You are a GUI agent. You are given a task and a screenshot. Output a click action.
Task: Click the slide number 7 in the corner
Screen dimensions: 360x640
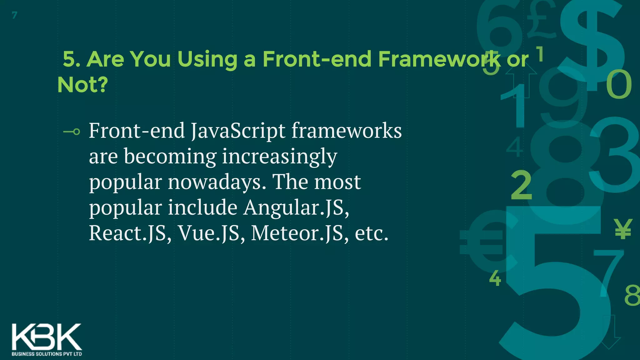coord(14,15)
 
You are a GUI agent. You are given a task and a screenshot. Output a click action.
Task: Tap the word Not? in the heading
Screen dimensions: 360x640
coord(82,85)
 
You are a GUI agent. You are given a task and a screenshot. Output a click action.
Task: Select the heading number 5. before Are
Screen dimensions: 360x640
coord(72,59)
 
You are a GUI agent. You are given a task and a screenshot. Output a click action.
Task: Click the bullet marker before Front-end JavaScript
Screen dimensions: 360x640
coord(72,132)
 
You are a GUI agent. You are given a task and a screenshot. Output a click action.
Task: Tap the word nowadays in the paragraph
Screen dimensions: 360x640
coord(217,182)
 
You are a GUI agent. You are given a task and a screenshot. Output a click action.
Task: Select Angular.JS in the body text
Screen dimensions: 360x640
coord(296,207)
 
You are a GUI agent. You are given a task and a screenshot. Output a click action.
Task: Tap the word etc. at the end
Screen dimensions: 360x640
coord(372,233)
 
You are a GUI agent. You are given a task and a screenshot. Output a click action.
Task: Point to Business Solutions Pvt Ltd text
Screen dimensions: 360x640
coord(47,354)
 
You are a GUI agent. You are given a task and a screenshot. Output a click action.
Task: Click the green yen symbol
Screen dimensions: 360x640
coord(623,229)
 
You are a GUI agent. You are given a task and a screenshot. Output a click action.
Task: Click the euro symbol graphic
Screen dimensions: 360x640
coord(483,241)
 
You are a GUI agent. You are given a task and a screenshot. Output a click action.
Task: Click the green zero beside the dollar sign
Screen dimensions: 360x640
coord(619,84)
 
